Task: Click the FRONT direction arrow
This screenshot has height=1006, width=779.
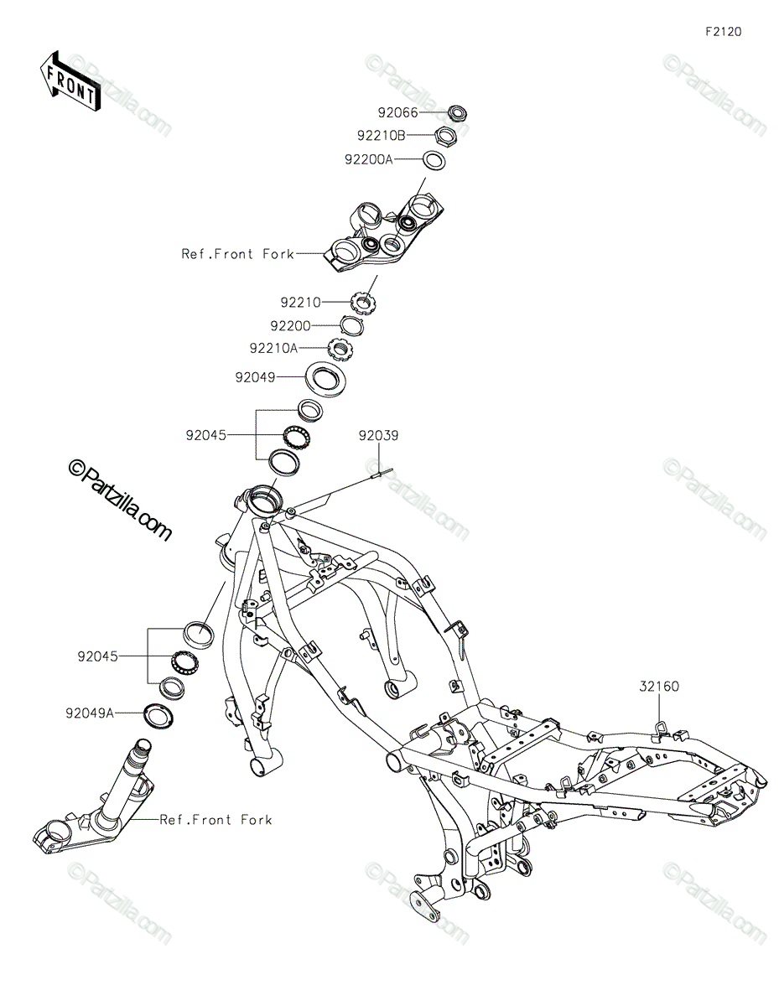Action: pos(70,81)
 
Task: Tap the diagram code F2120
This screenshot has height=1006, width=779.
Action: pos(723,32)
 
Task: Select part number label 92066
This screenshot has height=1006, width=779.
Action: pos(397,112)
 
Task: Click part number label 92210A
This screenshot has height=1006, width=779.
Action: pos(273,348)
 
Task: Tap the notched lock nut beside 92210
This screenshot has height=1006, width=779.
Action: pos(364,303)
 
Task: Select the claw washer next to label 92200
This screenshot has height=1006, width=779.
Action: pos(351,325)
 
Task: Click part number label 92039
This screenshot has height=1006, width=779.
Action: pos(378,436)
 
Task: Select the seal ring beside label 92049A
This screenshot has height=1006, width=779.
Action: pos(159,715)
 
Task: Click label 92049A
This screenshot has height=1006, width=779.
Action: pos(90,713)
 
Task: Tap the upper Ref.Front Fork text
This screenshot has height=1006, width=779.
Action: pos(237,254)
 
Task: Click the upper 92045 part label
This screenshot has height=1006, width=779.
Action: pos(206,436)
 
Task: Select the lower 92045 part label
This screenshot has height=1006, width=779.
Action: pos(97,657)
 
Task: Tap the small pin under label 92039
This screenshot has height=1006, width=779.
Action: pos(382,472)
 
